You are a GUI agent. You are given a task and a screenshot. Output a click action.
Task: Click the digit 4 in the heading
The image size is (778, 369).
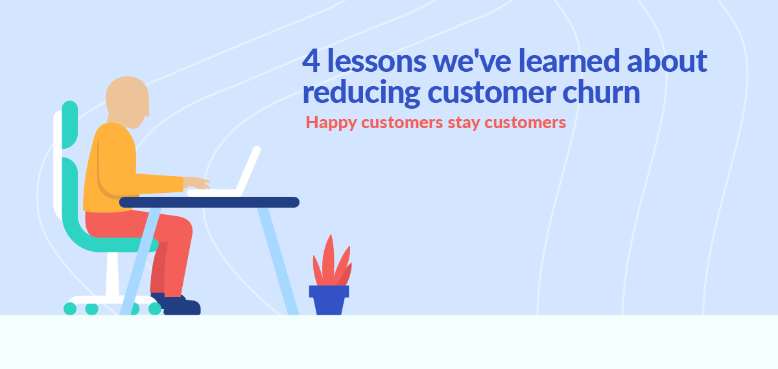[x=311, y=61]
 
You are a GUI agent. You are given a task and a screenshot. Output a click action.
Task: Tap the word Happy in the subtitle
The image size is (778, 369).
[x=327, y=122]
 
